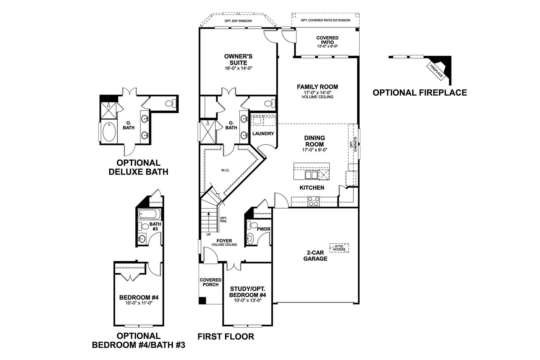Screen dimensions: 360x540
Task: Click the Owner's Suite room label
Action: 238,59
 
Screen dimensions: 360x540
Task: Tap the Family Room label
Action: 317,87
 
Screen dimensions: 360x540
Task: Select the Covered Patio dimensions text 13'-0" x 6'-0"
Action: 327,46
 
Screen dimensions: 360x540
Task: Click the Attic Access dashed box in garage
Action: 339,248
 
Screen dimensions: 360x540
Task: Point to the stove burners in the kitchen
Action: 314,201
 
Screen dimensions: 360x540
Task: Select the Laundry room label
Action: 263,133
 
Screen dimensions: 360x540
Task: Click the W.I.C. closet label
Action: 225,170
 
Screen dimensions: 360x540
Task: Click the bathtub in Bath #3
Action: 149,214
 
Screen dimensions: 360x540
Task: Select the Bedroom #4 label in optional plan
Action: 139,298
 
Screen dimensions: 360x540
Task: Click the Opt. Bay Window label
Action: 238,21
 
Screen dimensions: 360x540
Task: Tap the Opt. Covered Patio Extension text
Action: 325,20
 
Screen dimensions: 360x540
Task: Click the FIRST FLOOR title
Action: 226,337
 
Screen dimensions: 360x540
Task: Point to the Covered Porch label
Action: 211,282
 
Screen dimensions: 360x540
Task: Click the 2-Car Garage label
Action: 315,256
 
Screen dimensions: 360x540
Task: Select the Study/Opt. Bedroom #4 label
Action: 247,292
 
